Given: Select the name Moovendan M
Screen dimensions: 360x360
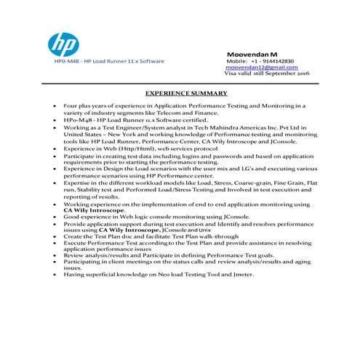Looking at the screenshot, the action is [254, 55].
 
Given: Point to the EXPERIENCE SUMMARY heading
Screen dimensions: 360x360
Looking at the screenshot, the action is [186, 93].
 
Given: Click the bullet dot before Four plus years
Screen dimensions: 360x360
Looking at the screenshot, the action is [55, 106].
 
